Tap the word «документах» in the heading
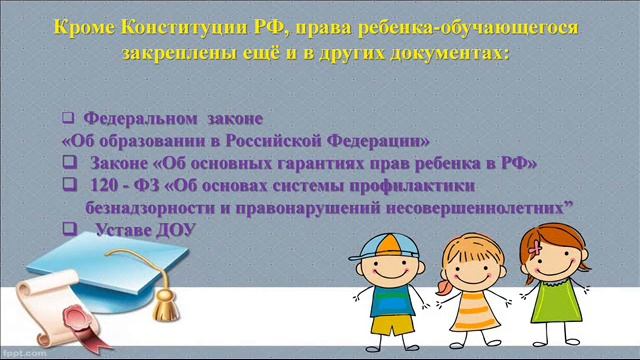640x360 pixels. pyautogui.click(x=436, y=51)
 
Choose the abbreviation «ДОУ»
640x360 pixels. pyautogui.click(x=176, y=230)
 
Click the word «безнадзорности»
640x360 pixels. pyautogui.click(x=147, y=207)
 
